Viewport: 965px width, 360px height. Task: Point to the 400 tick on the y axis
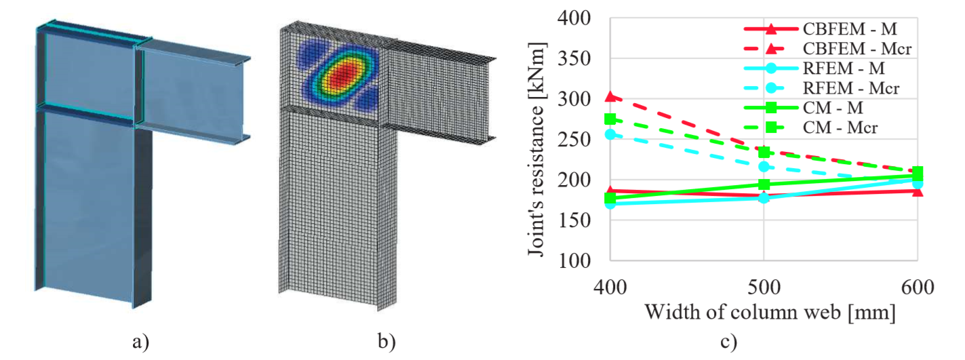click(575, 19)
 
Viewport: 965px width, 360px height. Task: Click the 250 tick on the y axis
click(575, 140)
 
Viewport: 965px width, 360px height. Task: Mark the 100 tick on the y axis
click(575, 261)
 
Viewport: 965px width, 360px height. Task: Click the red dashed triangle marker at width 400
click(610, 97)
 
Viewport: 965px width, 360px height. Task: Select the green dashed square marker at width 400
click(610, 119)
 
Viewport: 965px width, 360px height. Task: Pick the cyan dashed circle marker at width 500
click(764, 166)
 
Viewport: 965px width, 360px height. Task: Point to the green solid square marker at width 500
click(764, 184)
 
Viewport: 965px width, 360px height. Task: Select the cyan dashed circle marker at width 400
click(610, 134)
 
